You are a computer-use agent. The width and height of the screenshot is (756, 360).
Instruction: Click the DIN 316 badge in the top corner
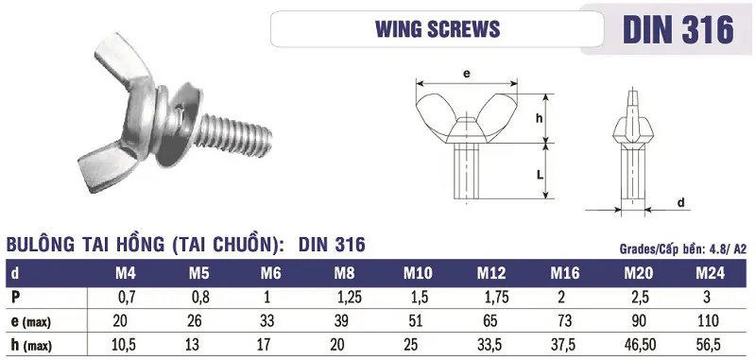pyautogui.click(x=678, y=29)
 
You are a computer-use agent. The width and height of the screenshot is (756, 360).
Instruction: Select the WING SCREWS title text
pyautogui.click(x=438, y=29)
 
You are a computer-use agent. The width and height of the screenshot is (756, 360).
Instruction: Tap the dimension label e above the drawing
pyautogui.click(x=466, y=74)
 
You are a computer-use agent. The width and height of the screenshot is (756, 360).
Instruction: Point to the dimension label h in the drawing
pyautogui.click(x=540, y=118)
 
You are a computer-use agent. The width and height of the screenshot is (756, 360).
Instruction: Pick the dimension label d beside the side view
pyautogui.click(x=680, y=202)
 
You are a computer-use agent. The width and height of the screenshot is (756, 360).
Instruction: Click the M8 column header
pyautogui.click(x=344, y=274)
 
